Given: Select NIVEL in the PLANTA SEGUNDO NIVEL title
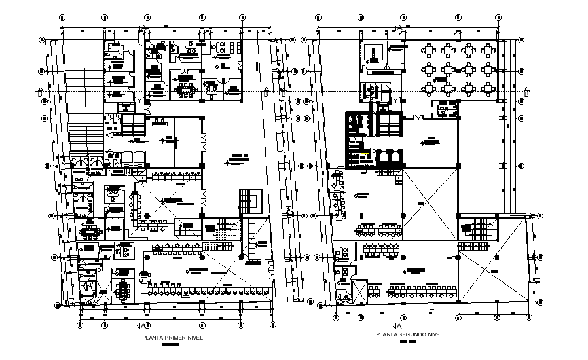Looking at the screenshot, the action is click(434, 334).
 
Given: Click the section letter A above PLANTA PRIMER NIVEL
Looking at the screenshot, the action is click(142, 325).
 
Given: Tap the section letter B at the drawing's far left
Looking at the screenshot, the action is click(41, 92).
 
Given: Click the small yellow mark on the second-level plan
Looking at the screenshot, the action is click(373, 153).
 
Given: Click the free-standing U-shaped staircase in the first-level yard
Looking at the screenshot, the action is click(249, 198).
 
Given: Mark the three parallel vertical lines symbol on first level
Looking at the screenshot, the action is click(257, 65).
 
